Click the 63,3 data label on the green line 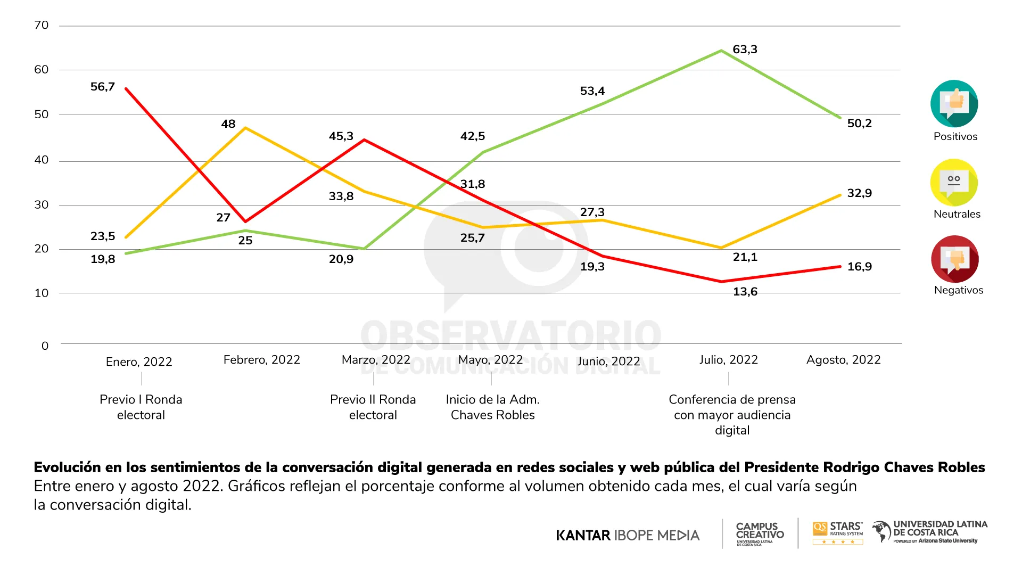click(x=745, y=50)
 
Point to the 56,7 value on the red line click(x=103, y=87)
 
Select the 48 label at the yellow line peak click(x=228, y=124)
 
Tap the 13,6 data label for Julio click(x=745, y=292)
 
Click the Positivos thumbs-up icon click(x=954, y=103)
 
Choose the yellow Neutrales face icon click(x=954, y=182)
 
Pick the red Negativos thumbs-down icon click(x=954, y=259)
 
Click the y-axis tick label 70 click(x=41, y=25)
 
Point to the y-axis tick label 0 click(x=45, y=346)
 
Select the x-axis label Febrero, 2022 click(x=261, y=360)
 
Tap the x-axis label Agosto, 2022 click(x=843, y=360)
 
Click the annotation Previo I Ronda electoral click(x=141, y=407)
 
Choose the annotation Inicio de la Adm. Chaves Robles click(x=492, y=407)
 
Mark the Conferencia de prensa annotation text click(x=732, y=415)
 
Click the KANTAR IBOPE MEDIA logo click(x=628, y=535)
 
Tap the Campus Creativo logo click(x=760, y=533)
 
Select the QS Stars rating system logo click(x=838, y=532)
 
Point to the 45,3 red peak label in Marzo click(x=341, y=136)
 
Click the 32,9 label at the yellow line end click(x=859, y=193)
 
